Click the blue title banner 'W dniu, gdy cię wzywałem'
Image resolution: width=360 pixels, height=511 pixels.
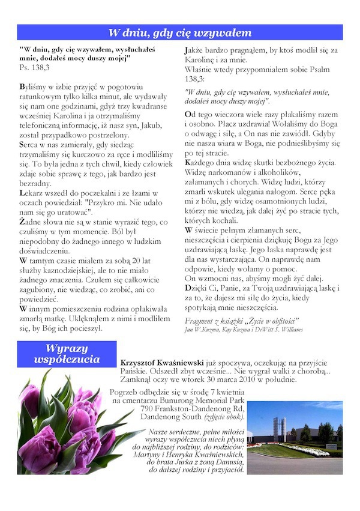[180, 32]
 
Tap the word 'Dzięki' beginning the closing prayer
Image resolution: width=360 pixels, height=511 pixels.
[198, 289]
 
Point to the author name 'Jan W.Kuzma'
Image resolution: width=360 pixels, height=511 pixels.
[202, 329]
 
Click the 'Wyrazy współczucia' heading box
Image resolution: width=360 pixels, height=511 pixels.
[67, 354]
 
